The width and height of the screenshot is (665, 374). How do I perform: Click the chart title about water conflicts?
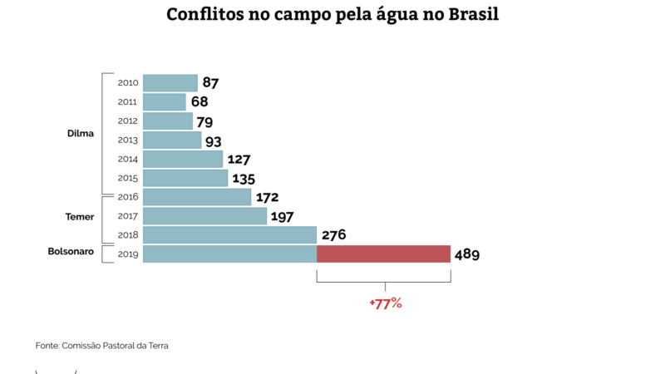332,16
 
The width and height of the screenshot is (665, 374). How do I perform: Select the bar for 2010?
170,83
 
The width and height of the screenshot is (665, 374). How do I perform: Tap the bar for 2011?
165,102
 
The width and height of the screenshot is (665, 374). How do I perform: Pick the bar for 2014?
183,159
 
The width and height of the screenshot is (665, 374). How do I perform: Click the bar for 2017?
204,216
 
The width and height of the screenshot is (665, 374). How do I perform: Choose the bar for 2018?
229,235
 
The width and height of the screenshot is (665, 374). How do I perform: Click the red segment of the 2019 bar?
383,254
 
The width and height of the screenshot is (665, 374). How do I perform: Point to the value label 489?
467,254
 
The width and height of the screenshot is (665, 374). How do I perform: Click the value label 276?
333,235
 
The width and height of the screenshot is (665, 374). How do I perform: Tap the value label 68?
199,102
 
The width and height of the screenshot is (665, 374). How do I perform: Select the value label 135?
244,179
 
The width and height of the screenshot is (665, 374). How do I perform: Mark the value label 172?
267,198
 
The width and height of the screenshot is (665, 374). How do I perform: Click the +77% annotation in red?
386,303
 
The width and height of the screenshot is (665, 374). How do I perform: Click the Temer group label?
80,217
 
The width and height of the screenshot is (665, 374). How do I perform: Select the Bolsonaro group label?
71,251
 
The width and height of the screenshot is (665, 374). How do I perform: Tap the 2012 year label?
128,121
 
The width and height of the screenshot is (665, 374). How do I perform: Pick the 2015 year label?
128,179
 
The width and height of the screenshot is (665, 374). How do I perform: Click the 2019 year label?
128,254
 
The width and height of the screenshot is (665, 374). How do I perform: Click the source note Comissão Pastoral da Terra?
102,345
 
